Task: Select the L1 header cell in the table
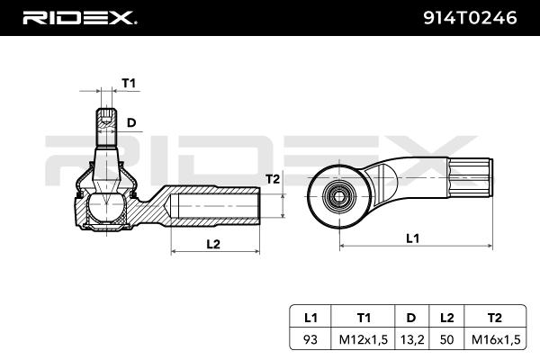(x=310, y=317)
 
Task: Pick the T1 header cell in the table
(x=364, y=317)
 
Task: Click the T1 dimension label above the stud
(x=128, y=83)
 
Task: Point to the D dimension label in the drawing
(x=131, y=121)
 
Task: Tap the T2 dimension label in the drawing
(x=274, y=179)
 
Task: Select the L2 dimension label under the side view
(x=213, y=244)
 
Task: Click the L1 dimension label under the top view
(x=412, y=238)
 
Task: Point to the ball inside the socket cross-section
(x=107, y=209)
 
